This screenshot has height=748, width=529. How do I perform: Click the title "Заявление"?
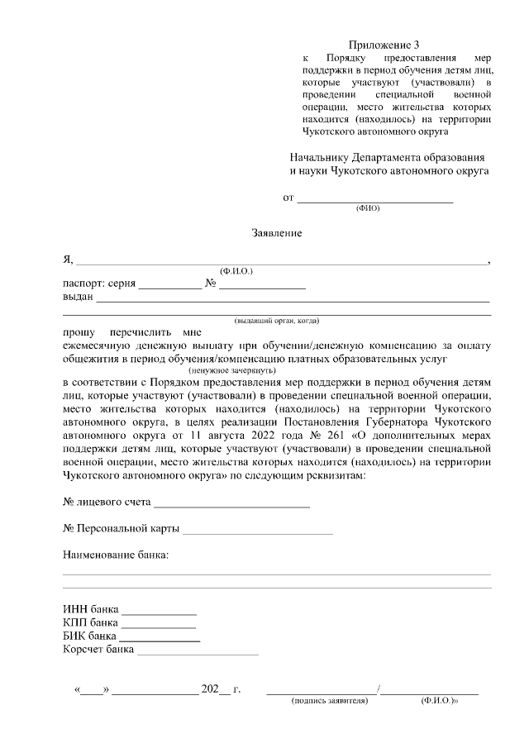(x=277, y=233)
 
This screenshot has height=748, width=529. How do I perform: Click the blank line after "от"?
(x=374, y=199)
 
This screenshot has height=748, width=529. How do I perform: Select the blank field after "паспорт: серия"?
(x=169, y=285)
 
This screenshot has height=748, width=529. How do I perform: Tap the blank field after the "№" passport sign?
(x=262, y=285)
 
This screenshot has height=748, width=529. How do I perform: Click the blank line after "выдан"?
(x=293, y=299)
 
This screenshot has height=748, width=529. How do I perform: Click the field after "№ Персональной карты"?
(x=257, y=530)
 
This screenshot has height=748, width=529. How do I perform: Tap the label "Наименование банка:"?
(x=116, y=555)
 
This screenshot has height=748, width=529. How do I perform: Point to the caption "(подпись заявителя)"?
(x=329, y=701)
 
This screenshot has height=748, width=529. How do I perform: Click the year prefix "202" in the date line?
(x=209, y=688)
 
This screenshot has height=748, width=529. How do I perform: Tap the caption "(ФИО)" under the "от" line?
(x=367, y=208)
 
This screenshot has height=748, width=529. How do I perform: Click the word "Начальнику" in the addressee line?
(x=320, y=157)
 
